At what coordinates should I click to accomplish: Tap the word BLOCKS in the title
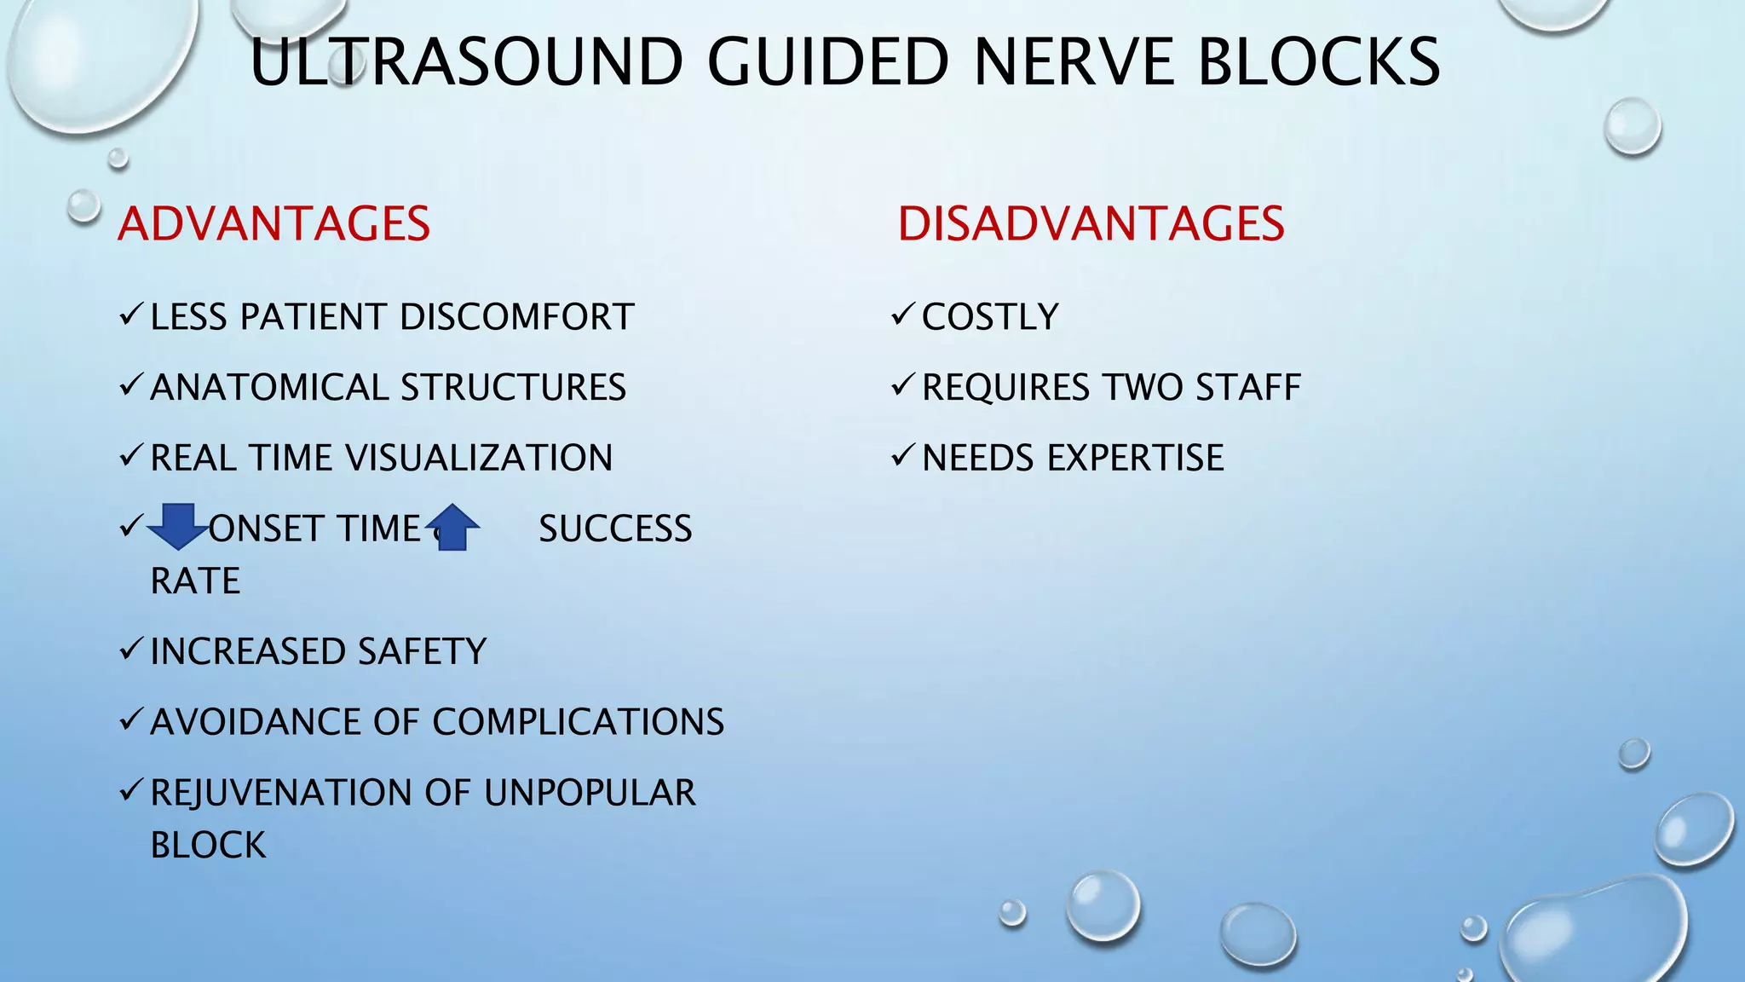click(x=1318, y=62)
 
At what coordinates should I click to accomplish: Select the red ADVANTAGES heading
click(x=274, y=224)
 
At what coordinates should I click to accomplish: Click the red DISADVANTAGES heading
click(x=1091, y=224)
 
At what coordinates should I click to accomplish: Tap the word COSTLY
click(x=990, y=317)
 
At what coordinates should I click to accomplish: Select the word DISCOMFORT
click(x=516, y=317)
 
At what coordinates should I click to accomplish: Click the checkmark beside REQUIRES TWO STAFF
click(x=902, y=385)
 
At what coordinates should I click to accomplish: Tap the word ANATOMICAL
click(x=270, y=388)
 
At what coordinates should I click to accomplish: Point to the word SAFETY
click(x=422, y=652)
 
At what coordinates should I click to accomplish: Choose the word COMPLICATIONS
click(x=579, y=723)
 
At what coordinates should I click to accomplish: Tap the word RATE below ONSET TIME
click(x=195, y=581)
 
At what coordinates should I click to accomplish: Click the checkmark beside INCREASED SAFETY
click(x=130, y=650)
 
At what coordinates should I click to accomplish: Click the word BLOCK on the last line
click(x=208, y=846)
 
